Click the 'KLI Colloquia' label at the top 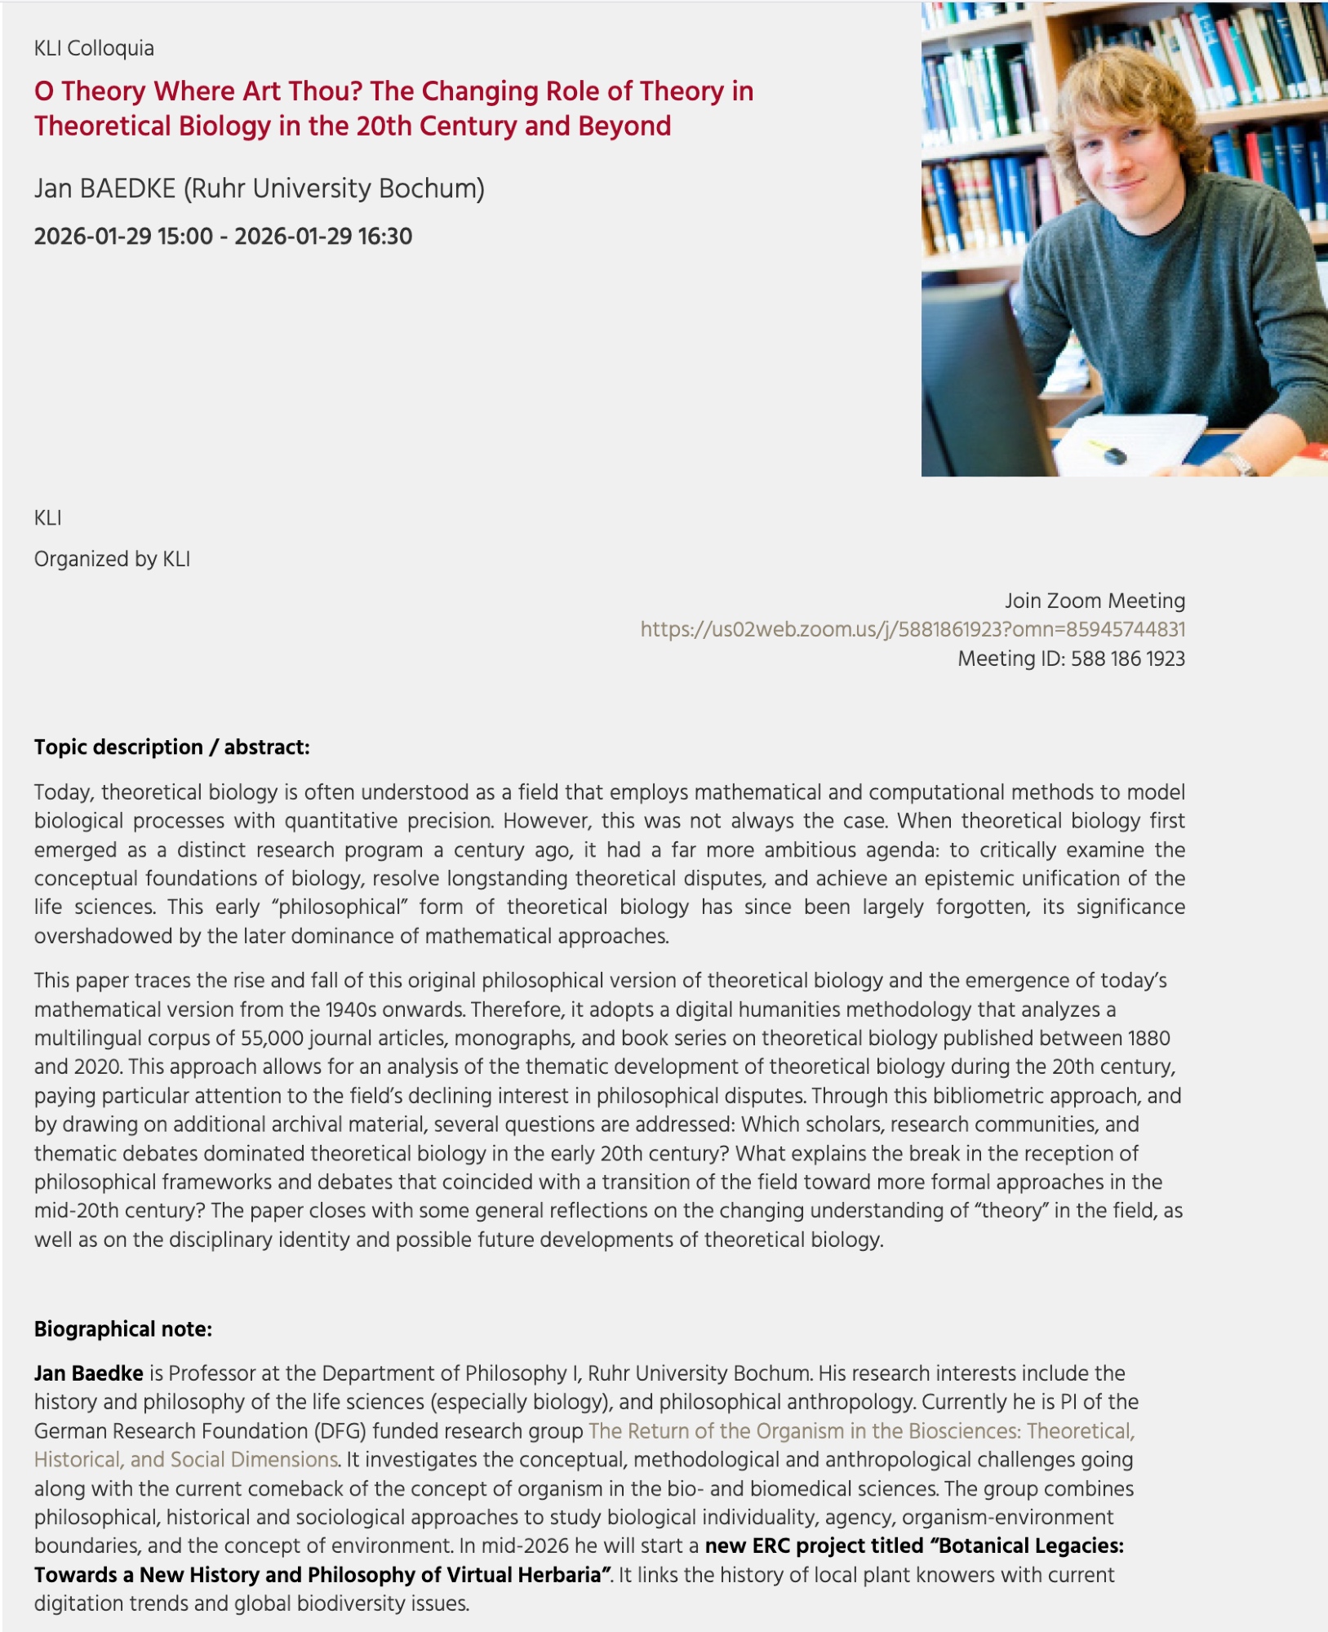[94, 48]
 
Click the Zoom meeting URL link [912, 629]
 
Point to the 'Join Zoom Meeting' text [1094, 601]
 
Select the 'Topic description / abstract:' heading [171, 747]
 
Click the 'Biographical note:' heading [122, 1329]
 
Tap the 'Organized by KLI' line [112, 559]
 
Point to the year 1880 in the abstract [1148, 1038]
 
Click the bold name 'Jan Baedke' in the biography [88, 1373]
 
